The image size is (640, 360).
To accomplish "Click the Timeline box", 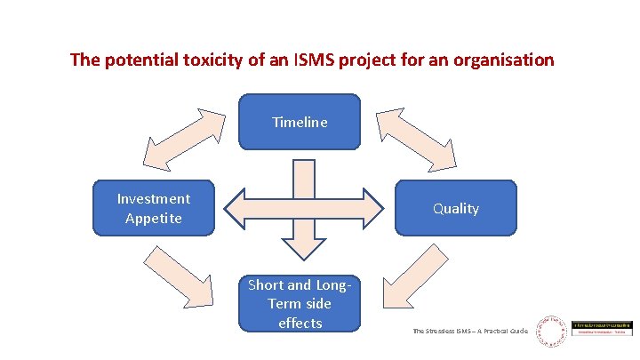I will click(300, 122).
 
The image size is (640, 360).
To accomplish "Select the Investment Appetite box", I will click(155, 208).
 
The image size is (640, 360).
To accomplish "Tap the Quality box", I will click(455, 208).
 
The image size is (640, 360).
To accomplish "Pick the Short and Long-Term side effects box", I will click(300, 304).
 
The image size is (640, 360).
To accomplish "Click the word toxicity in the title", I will click(207, 60).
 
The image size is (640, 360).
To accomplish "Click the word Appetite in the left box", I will click(154, 218).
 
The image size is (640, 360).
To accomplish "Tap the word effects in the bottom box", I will click(300, 323).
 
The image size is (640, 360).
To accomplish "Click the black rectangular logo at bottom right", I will click(603, 329).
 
